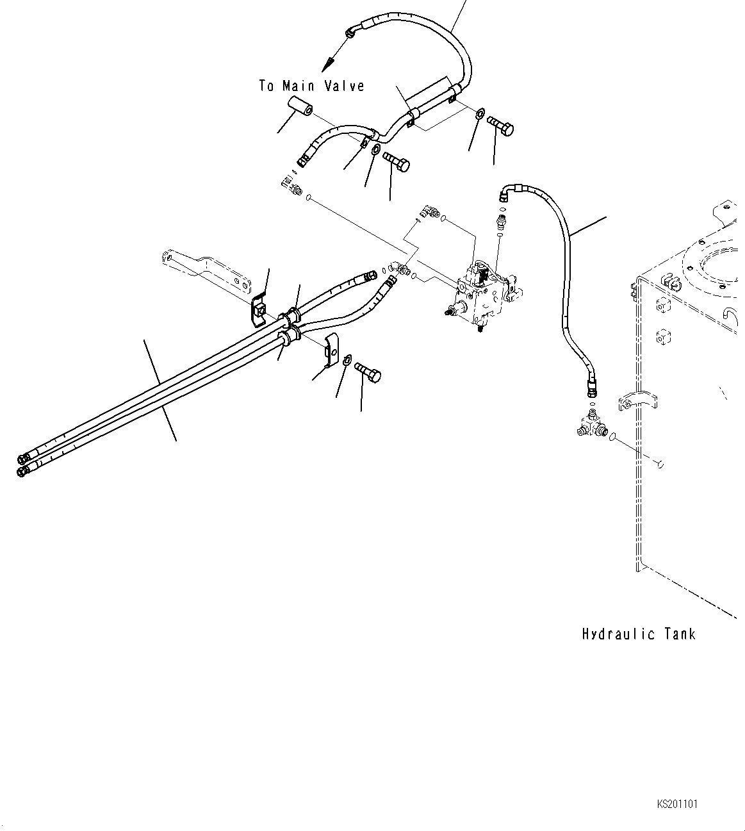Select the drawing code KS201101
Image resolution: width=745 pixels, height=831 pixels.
(677, 803)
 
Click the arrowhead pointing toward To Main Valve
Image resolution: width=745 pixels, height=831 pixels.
(327, 65)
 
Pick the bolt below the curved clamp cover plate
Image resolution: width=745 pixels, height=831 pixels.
(368, 372)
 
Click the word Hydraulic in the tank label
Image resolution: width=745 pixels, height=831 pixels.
(619, 634)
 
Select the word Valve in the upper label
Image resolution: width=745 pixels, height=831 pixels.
(344, 86)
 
